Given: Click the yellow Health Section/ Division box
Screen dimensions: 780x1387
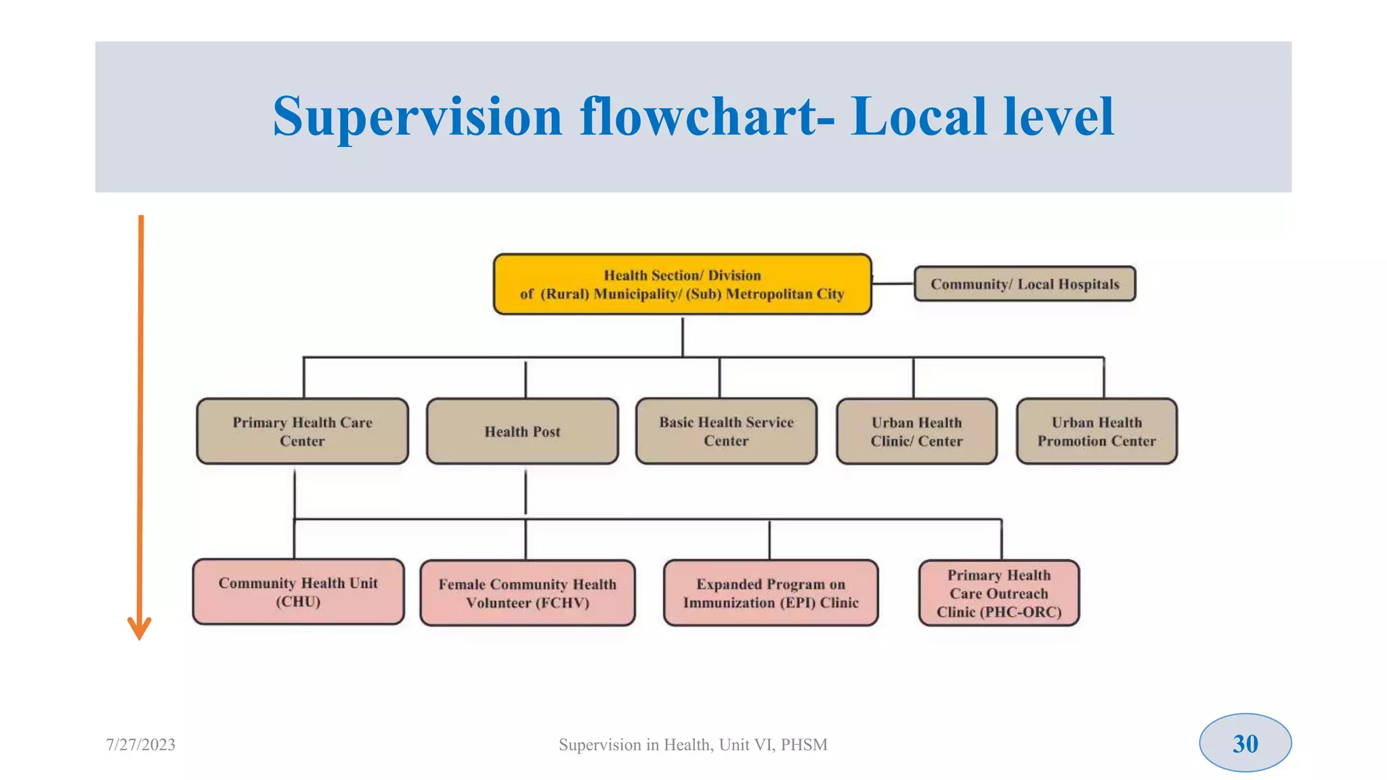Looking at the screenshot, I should click(x=682, y=284).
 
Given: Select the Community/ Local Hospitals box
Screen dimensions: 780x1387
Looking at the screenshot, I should click(x=1024, y=284).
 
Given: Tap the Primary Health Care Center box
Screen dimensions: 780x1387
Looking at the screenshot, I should click(x=302, y=431).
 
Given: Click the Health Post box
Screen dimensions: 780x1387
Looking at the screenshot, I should click(x=522, y=431).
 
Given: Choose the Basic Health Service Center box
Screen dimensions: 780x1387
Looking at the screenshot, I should click(x=726, y=431).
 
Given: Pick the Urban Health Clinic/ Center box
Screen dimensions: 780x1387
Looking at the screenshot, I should click(x=916, y=431).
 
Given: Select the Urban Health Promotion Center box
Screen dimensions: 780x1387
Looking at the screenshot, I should click(x=1096, y=431).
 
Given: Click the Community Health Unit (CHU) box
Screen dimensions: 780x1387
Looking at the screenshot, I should click(x=298, y=592).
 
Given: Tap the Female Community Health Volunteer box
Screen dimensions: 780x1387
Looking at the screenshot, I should click(x=527, y=593).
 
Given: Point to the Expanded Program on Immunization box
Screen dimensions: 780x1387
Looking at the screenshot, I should click(x=771, y=593).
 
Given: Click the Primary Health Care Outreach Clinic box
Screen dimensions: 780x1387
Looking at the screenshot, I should click(x=998, y=593).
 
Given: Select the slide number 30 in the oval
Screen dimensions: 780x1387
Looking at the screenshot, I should click(x=1245, y=743).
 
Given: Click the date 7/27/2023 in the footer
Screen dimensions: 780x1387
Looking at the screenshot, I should click(x=141, y=745).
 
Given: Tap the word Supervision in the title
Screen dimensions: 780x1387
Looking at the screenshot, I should click(x=417, y=116).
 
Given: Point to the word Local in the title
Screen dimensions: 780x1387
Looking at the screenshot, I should click(x=918, y=116).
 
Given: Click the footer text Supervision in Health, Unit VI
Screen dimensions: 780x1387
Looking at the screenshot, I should click(x=692, y=745).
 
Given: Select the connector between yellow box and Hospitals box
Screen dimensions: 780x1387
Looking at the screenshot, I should click(x=893, y=284).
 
